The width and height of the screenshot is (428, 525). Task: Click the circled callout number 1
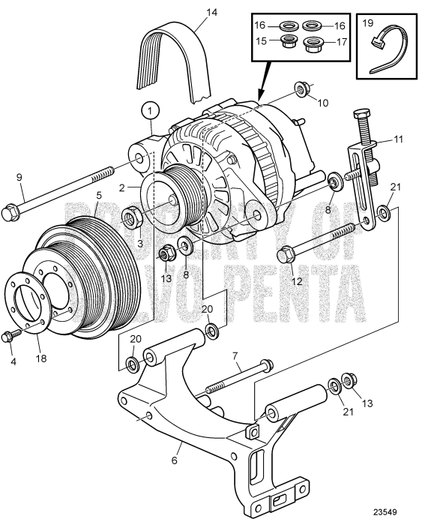pyautogui.click(x=151, y=110)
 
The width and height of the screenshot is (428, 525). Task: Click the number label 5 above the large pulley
pyautogui.click(x=98, y=196)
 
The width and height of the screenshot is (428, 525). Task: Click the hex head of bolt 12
pyautogui.click(x=286, y=256)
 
